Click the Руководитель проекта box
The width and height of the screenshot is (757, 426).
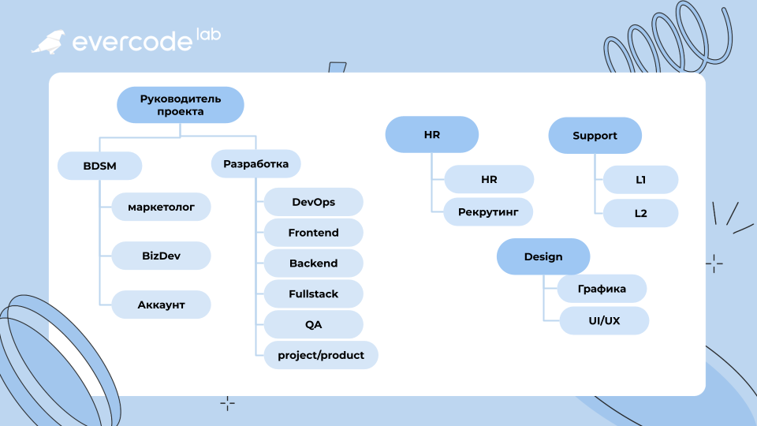tap(180, 105)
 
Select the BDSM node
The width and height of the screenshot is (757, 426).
tap(99, 166)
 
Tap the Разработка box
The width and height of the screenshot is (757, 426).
tap(255, 164)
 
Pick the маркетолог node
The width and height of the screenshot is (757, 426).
tap(161, 207)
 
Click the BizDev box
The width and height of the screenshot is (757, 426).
tap(161, 256)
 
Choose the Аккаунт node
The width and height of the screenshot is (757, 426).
tap(161, 305)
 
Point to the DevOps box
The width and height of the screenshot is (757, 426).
tap(313, 202)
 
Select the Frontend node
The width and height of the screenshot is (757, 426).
tap(313, 232)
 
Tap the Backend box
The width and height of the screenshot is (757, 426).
tap(313, 263)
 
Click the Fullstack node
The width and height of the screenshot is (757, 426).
tap(313, 293)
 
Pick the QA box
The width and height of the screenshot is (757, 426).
tap(313, 324)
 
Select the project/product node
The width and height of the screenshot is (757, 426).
tap(321, 355)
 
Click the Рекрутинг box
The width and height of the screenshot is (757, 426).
tap(488, 211)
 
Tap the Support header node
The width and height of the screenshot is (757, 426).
tap(595, 135)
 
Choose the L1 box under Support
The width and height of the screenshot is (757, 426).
tap(640, 180)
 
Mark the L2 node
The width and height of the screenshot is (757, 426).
tap(640, 213)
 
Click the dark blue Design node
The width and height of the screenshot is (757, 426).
tap(543, 256)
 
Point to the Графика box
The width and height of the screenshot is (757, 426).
tap(602, 289)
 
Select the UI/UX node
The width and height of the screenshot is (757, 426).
tap(604, 321)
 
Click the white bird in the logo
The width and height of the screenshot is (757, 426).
tap(49, 42)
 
